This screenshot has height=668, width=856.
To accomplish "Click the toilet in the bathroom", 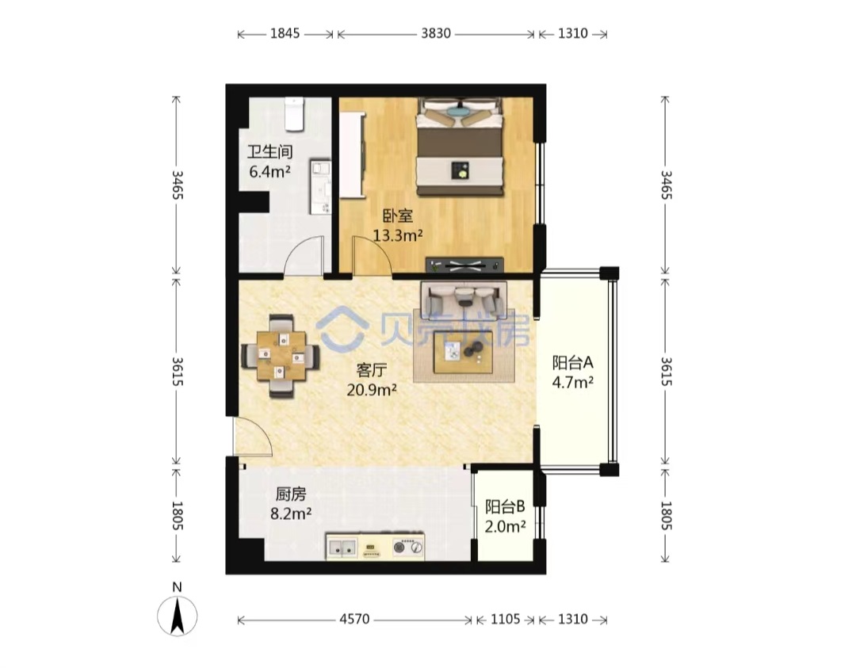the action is pyautogui.click(x=294, y=114).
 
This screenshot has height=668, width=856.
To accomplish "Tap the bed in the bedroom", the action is pyautogui.click(x=460, y=147).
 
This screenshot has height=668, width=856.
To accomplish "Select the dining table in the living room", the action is pyautogui.click(x=281, y=355).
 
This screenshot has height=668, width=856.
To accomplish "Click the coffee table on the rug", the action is pyautogui.click(x=463, y=352).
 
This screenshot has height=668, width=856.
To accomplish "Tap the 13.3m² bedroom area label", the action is pyautogui.click(x=398, y=236).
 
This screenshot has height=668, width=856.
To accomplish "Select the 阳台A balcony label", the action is pyautogui.click(x=573, y=362).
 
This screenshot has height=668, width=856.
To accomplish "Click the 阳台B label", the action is pyautogui.click(x=505, y=507).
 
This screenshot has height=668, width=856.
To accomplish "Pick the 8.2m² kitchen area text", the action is pyautogui.click(x=291, y=513).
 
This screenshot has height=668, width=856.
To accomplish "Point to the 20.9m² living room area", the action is pyautogui.click(x=372, y=390).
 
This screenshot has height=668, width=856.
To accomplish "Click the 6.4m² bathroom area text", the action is pyautogui.click(x=269, y=172).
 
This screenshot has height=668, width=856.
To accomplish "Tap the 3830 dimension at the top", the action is pyautogui.click(x=436, y=34).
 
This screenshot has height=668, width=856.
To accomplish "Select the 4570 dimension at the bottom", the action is pyautogui.click(x=354, y=620).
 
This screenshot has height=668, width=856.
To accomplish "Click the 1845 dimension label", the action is pyautogui.click(x=285, y=34).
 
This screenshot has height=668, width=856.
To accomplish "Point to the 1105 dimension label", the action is pyautogui.click(x=506, y=620).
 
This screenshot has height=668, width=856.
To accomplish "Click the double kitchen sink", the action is pyautogui.click(x=342, y=547).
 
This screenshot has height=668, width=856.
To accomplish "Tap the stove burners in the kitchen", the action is pyautogui.click(x=408, y=546).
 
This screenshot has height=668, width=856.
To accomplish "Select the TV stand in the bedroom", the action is pyautogui.click(x=464, y=265).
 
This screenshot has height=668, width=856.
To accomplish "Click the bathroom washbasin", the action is pyautogui.click(x=320, y=187).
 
